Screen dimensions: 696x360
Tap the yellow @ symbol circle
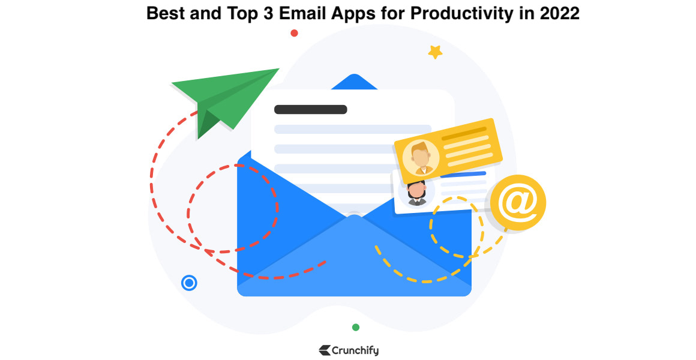click(518, 202)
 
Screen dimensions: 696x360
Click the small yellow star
click(435, 52)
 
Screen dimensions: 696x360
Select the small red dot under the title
click(294, 33)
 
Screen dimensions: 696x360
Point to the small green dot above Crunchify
click(356, 327)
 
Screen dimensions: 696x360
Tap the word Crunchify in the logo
click(355, 350)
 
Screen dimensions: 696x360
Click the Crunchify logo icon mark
click(325, 350)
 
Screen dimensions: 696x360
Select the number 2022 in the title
click(559, 13)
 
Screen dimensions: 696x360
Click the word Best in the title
click(165, 13)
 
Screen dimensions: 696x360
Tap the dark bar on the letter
click(311, 110)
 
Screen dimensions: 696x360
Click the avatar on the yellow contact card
click(421, 158)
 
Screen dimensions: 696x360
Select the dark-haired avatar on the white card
click(416, 194)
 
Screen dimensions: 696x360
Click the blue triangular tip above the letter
click(354, 82)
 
